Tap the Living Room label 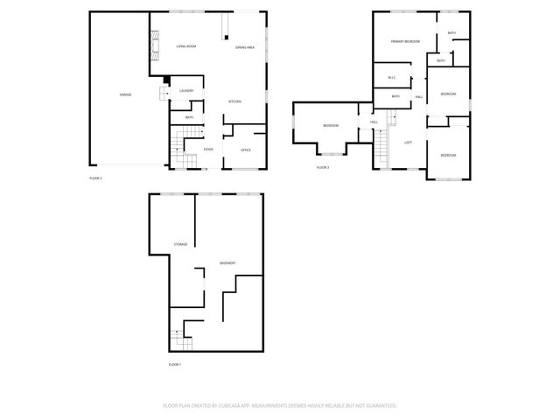tap(186, 46)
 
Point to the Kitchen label tap(234, 101)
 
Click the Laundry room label tap(185, 90)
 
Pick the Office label tap(246, 150)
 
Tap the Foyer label tap(208, 150)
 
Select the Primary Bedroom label tap(405, 42)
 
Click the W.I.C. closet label tap(392, 78)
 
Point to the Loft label tap(408, 142)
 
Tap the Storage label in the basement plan tap(180, 244)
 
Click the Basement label tap(227, 263)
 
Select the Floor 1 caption tap(175, 363)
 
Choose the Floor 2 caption tap(96, 178)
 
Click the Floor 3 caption tap(323, 166)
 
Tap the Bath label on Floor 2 tap(188, 116)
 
